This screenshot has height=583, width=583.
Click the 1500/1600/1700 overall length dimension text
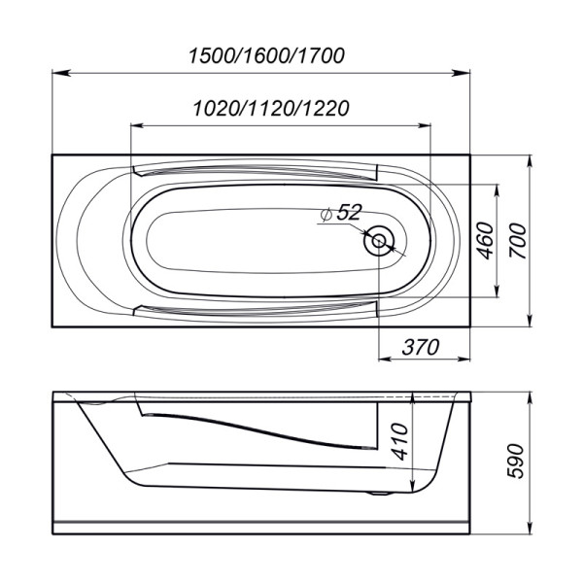264,55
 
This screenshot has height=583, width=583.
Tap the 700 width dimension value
518,239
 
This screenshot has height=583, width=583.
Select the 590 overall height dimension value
518,462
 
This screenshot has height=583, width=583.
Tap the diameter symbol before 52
325,216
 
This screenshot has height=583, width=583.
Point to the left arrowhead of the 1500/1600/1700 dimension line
56,73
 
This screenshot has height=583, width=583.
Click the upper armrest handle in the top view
255,172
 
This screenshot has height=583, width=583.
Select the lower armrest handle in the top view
255,310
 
